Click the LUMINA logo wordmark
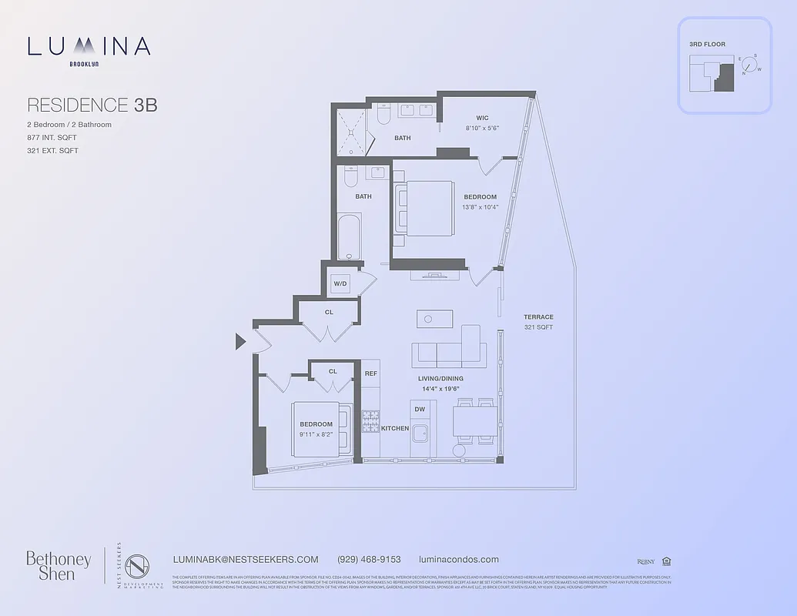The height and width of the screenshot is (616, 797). (x=89, y=47)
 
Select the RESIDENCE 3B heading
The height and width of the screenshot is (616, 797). (x=92, y=105)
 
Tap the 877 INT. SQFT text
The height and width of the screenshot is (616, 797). (x=52, y=138)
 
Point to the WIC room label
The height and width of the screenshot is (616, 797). (x=482, y=118)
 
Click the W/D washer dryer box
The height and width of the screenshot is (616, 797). (x=340, y=284)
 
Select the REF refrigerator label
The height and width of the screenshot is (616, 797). (x=370, y=373)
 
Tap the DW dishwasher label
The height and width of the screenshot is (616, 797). (x=420, y=410)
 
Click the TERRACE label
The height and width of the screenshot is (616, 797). (x=538, y=317)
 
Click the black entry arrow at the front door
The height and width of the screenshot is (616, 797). (x=241, y=341)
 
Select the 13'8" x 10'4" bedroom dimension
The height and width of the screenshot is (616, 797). (x=480, y=207)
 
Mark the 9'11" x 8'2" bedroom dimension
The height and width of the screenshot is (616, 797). (x=316, y=435)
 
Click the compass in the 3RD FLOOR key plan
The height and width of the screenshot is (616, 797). (x=749, y=65)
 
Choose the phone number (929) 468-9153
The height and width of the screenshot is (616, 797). (x=369, y=560)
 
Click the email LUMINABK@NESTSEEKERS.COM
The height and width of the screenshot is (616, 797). (x=246, y=560)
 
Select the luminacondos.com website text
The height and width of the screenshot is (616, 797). (x=458, y=560)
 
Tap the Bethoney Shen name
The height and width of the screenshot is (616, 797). (x=59, y=565)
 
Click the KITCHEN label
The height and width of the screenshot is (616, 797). (x=395, y=428)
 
